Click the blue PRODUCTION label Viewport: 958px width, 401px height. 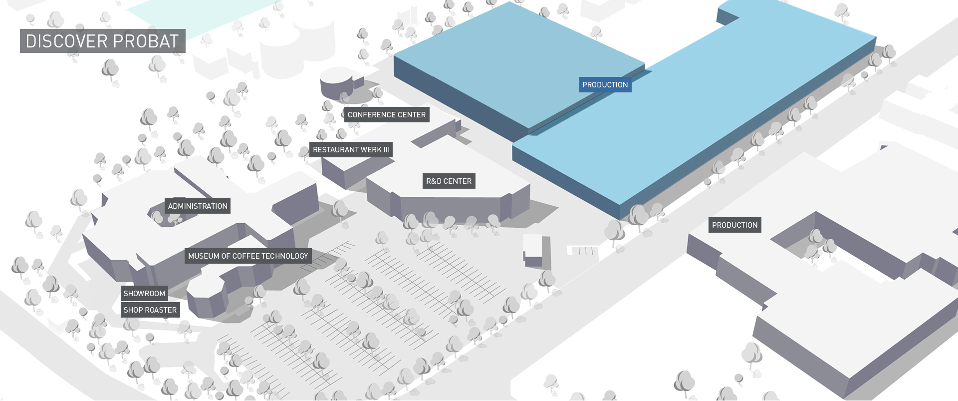(605, 85)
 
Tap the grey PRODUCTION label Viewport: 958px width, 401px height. (734, 225)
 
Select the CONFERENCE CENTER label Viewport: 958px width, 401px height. (387, 115)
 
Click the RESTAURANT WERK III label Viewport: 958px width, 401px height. (351, 150)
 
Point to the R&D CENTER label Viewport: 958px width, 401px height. (449, 181)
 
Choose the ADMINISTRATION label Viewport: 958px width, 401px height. (198, 206)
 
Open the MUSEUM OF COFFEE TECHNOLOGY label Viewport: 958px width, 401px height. (248, 256)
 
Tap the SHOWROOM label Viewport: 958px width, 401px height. (144, 294)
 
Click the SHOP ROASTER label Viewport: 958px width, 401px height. (150, 310)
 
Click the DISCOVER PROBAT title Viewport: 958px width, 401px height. (102, 41)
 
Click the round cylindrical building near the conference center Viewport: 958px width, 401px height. (336, 83)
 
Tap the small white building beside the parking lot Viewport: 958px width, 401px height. (533, 250)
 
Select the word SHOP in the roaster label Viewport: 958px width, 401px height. (133, 310)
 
